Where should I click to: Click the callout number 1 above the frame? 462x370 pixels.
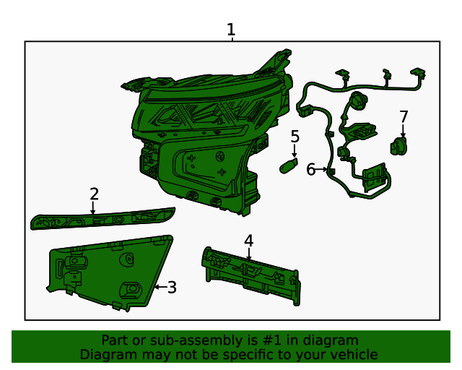[x=231, y=30]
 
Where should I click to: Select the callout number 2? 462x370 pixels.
[x=94, y=194]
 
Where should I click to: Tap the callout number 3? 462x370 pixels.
[x=172, y=287]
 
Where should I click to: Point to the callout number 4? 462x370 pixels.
[x=248, y=241]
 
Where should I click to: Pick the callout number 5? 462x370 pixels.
[x=295, y=137]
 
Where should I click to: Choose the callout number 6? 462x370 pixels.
[x=310, y=169]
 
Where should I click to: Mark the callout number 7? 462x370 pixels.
[x=404, y=116]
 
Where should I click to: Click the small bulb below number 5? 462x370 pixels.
[x=289, y=165]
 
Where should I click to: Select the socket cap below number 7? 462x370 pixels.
[x=398, y=146]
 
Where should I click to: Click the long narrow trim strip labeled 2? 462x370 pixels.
[x=103, y=219]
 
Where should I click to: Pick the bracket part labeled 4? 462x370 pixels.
[x=251, y=275]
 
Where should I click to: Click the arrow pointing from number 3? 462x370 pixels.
[x=160, y=287]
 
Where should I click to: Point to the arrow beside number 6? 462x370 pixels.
[x=321, y=169]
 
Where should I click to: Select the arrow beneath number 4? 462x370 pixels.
[x=249, y=254]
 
